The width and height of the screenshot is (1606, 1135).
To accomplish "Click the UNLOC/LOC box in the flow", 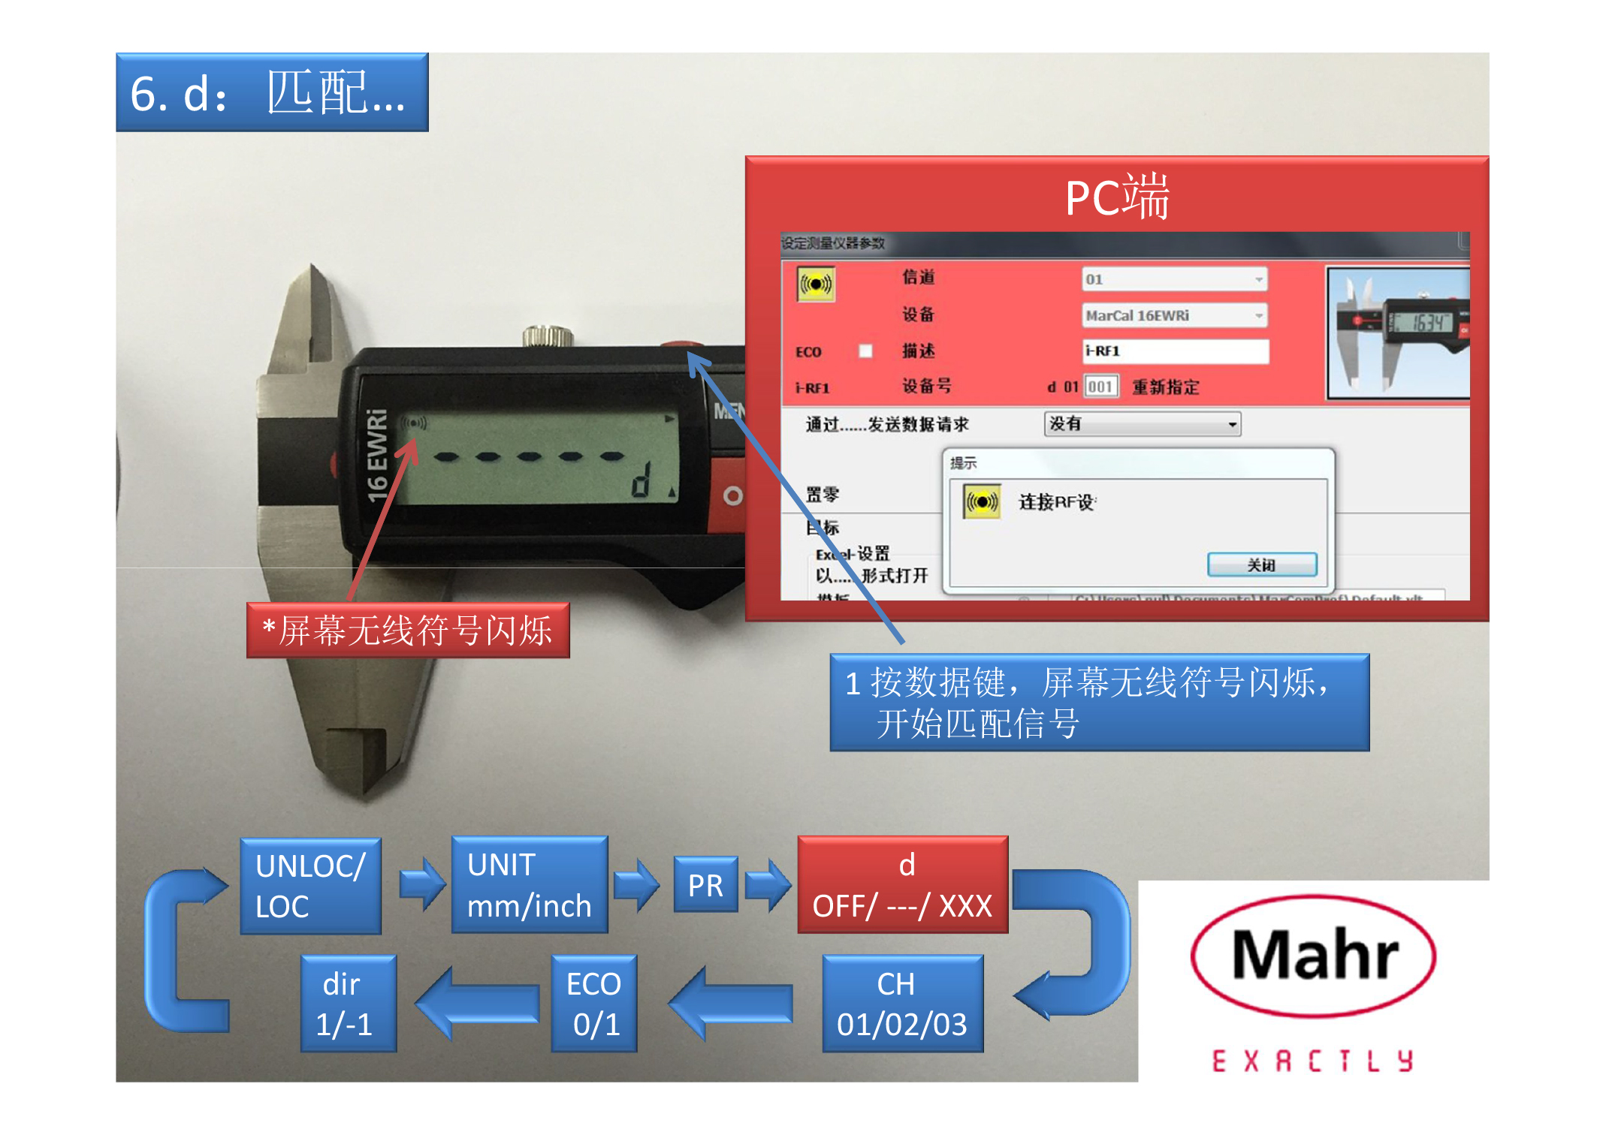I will [310, 886].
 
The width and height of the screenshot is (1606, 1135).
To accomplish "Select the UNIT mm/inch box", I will [529, 885].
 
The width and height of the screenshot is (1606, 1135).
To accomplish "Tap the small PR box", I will [705, 885].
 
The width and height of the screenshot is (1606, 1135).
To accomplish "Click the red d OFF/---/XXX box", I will [902, 885].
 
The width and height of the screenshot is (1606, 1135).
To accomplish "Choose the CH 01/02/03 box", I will [902, 1004].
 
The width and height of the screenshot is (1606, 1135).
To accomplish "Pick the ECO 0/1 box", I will [594, 1004].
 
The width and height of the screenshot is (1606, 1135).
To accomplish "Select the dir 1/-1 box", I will [348, 1004].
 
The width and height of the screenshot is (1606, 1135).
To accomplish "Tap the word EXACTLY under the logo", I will [1313, 1061].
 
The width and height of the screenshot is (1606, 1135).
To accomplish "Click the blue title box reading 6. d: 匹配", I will [272, 93].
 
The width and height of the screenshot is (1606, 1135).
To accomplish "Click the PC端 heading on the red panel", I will [1117, 197].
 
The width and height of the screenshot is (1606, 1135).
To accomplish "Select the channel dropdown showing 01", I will [1174, 279].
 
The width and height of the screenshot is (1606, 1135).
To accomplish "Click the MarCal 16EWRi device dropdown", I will [1174, 315].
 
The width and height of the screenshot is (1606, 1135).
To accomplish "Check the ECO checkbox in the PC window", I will [865, 351].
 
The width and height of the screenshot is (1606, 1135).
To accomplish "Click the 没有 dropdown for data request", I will [1142, 424].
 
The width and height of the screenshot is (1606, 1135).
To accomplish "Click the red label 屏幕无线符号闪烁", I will [408, 631].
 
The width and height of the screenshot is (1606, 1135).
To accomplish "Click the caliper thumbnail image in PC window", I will [1398, 333].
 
